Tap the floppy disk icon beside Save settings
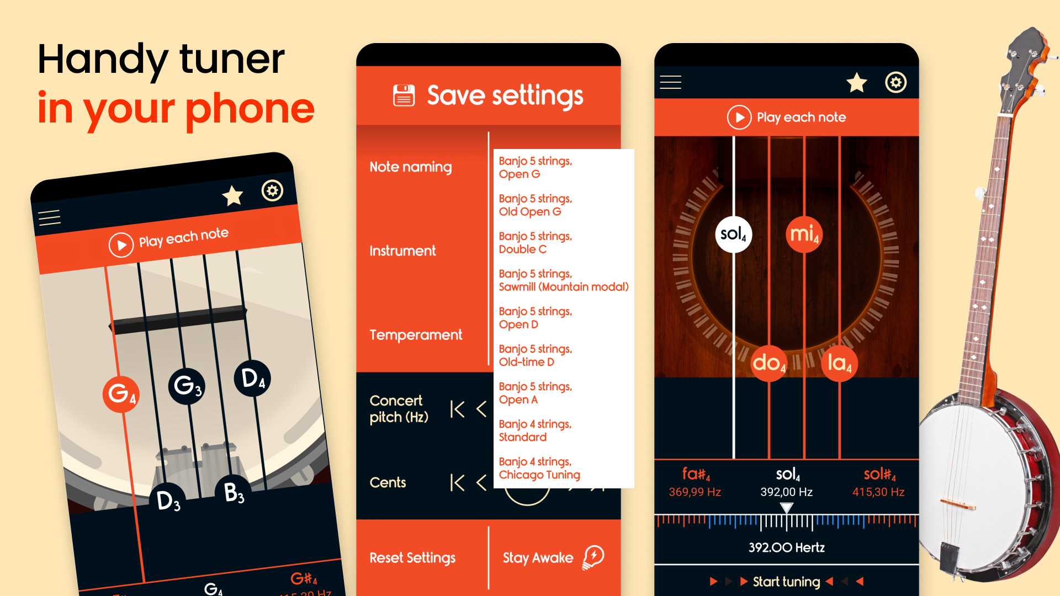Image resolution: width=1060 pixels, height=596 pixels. [404, 95]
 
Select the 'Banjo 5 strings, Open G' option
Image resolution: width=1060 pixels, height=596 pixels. [535, 167]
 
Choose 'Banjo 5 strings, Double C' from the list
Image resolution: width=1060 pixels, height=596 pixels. [535, 242]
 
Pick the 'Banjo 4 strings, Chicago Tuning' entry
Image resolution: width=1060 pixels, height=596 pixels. [539, 468]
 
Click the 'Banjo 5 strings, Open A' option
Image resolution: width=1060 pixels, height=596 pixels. [535, 393]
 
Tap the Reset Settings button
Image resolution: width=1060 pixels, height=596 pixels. [412, 557]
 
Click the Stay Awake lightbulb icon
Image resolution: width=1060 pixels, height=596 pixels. [593, 557]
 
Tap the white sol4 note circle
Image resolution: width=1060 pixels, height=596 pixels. [733, 234]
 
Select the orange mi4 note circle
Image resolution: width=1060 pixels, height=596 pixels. [804, 234]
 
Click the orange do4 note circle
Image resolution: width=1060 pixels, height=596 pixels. [769, 363]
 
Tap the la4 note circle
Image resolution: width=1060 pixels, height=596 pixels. [839, 363]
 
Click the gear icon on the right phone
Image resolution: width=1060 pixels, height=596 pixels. [895, 83]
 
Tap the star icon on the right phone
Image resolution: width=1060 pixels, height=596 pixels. [856, 83]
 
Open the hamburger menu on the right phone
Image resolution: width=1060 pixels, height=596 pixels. [670, 82]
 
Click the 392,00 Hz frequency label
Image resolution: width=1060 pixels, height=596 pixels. [786, 492]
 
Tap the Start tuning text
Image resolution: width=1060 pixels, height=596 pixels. [786, 581]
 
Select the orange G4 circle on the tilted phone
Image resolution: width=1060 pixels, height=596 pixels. [120, 394]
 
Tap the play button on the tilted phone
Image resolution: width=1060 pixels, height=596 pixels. [121, 244]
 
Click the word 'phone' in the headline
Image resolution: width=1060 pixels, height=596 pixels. [250, 109]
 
